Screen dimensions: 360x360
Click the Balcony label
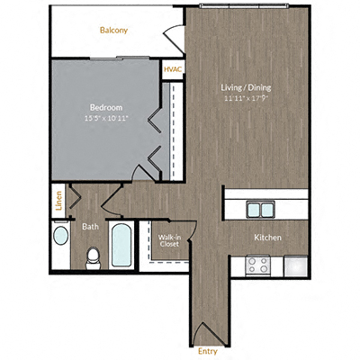click(x=113, y=31)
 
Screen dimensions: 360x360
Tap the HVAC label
click(x=173, y=68)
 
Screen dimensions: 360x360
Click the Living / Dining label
click(x=247, y=87)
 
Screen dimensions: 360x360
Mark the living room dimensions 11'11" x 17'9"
click(x=247, y=98)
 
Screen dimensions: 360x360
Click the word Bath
click(x=90, y=227)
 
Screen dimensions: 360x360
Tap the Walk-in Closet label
click(x=169, y=239)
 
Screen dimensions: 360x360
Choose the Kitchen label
click(x=268, y=238)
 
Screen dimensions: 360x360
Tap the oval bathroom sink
click(x=60, y=237)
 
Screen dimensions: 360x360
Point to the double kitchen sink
click(x=261, y=209)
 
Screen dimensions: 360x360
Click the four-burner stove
click(x=259, y=265)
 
